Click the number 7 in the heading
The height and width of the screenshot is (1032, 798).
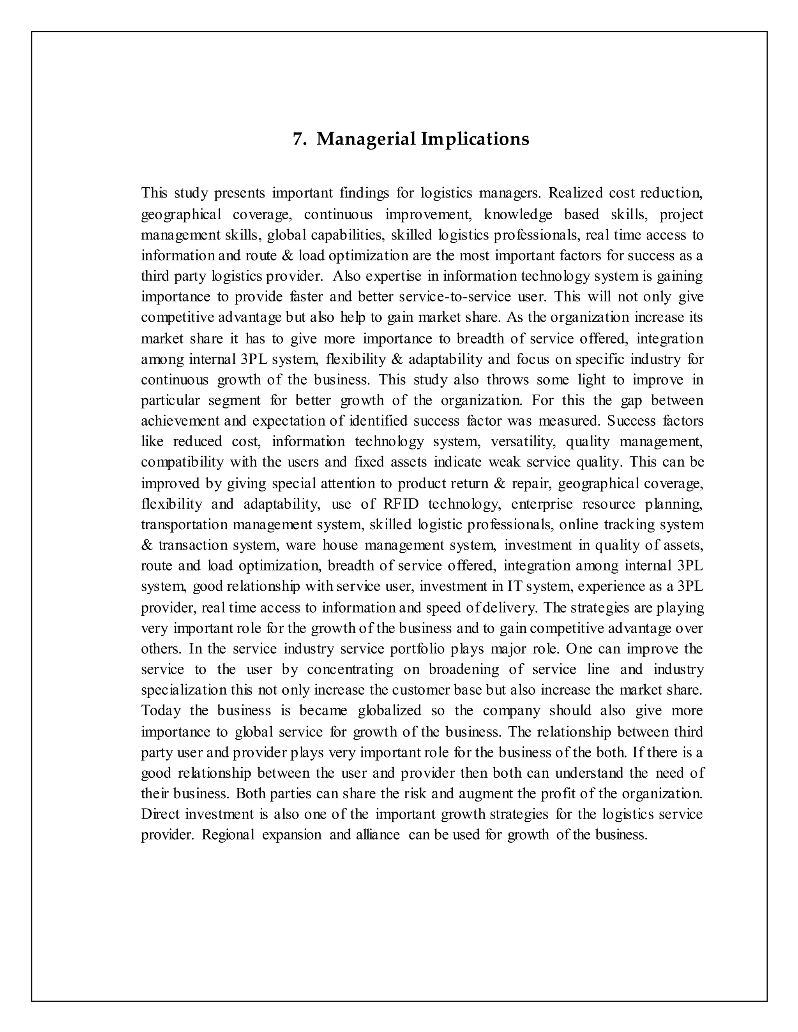click(297, 139)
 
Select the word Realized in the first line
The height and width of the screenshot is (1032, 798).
click(576, 193)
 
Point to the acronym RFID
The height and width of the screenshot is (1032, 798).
click(401, 504)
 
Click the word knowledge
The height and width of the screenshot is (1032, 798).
click(518, 215)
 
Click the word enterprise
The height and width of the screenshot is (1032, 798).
click(542, 504)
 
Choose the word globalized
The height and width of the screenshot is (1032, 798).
click(390, 711)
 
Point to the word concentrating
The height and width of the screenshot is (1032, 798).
click(350, 669)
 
